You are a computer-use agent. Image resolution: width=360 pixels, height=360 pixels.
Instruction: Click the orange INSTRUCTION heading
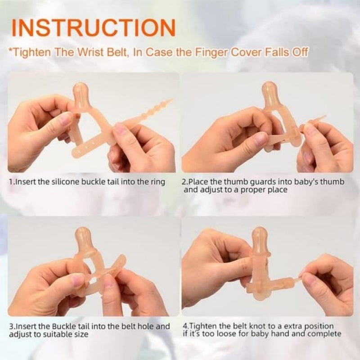94,27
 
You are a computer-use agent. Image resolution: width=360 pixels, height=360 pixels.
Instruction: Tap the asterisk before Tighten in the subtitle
10,51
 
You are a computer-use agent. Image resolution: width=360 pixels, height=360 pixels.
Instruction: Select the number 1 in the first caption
11,182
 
